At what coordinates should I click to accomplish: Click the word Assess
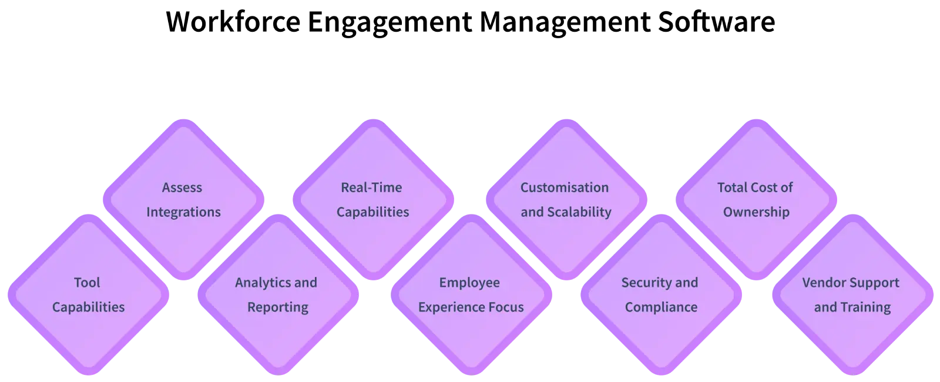click(182, 187)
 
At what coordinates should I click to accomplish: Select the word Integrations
click(183, 212)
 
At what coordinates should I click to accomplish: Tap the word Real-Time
click(371, 187)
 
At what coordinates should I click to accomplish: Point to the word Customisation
click(565, 187)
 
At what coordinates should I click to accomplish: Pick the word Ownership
click(756, 212)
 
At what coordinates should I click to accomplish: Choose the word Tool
click(87, 283)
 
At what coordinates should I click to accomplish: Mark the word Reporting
click(277, 307)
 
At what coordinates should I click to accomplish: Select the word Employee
click(469, 283)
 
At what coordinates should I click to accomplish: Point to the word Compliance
click(661, 307)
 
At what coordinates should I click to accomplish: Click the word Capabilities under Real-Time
click(372, 212)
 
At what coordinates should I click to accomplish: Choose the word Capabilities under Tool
click(88, 307)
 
